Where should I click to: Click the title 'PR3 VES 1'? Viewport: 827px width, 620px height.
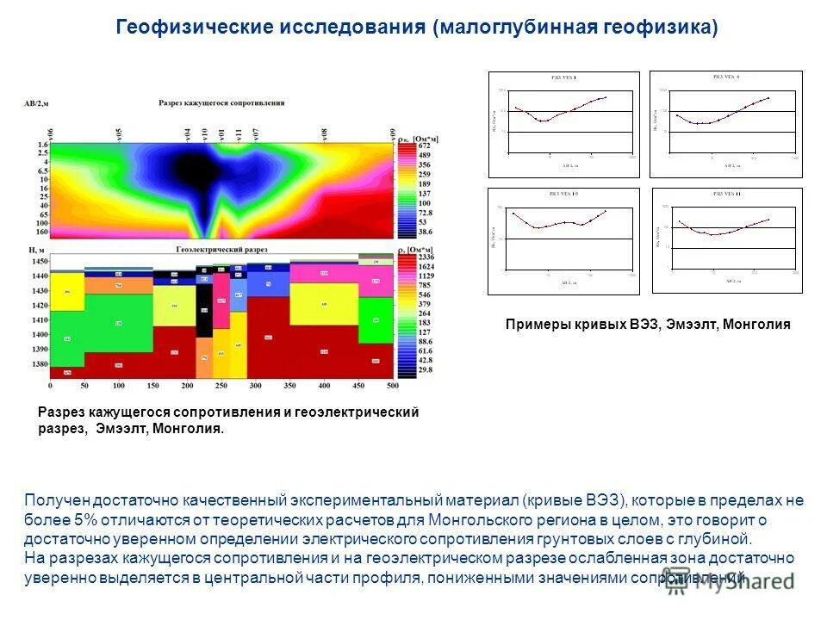564,77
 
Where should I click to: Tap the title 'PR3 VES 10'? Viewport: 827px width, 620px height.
564,194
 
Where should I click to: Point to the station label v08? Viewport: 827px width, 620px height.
325,134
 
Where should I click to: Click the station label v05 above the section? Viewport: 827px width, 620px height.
119,134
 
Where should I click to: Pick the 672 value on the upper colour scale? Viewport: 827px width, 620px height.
424,146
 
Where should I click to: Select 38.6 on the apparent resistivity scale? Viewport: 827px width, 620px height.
424,232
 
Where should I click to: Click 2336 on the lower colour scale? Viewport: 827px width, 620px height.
426,257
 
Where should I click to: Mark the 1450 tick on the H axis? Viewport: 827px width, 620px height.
40,261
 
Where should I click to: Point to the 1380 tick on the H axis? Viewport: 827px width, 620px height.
40,364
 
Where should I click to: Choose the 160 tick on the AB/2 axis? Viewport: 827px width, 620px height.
42,232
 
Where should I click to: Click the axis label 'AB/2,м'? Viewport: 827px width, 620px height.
36,103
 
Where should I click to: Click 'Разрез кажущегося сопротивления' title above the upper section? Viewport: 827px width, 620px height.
221,103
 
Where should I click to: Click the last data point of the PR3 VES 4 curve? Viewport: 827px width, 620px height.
768,97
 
